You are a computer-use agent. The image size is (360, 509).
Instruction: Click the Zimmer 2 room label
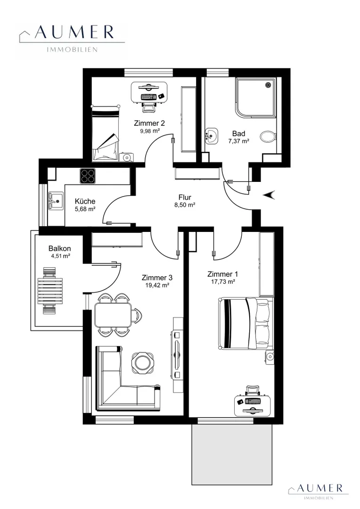[x=149, y=123]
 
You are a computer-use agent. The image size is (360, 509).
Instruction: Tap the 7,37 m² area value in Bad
[x=238, y=141]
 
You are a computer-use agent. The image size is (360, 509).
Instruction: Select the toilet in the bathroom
[x=268, y=136]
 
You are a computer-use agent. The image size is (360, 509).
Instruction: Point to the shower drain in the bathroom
[x=268, y=85]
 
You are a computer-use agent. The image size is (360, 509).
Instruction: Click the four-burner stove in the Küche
[x=88, y=176]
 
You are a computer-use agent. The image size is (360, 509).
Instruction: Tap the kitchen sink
[x=56, y=201]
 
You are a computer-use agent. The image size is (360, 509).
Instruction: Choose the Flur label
[x=185, y=197]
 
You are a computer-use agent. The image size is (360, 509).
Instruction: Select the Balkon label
[x=60, y=249]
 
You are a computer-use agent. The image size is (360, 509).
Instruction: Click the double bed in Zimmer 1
[x=245, y=324]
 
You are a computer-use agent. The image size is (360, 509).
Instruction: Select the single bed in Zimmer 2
[x=105, y=133]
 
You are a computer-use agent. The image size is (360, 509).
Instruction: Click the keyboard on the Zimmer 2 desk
[x=149, y=97]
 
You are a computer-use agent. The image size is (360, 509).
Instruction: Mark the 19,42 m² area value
[x=157, y=285]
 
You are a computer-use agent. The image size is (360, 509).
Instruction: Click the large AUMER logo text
[x=74, y=32]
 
